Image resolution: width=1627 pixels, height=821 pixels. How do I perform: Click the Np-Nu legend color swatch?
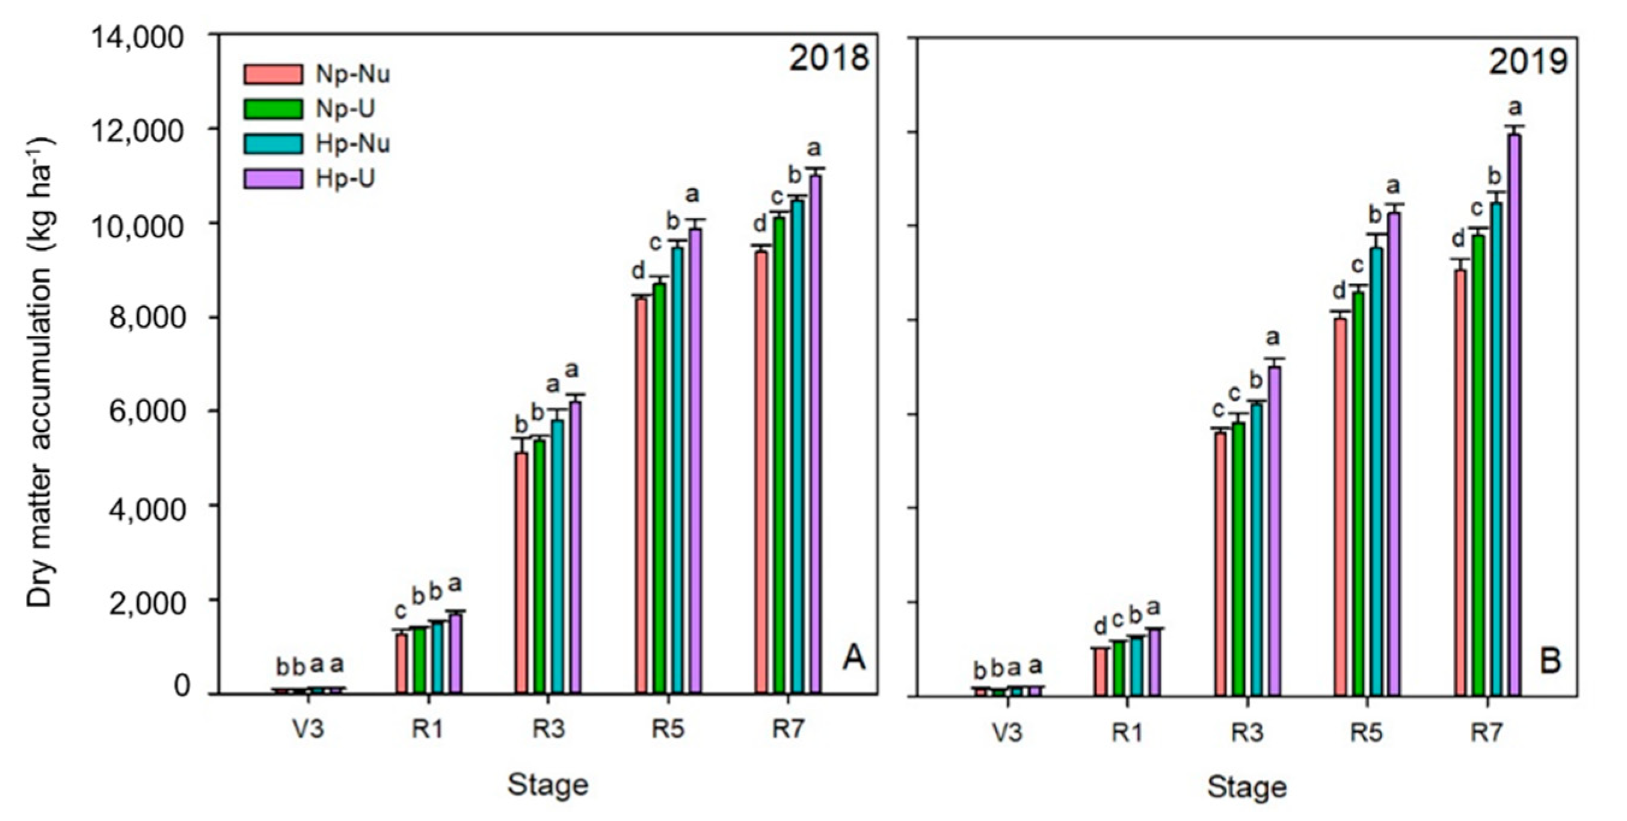(273, 75)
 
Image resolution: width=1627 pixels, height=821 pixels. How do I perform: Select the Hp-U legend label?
(345, 179)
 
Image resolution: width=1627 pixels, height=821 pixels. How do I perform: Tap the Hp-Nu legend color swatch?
(273, 144)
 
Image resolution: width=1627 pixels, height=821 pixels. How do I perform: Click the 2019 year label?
(1528, 62)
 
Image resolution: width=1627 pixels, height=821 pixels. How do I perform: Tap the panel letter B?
(1551, 661)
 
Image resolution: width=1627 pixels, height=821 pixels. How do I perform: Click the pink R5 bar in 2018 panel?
(641, 496)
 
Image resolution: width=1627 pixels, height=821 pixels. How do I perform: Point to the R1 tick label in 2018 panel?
(428, 730)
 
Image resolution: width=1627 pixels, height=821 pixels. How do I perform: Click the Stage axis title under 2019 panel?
(1247, 787)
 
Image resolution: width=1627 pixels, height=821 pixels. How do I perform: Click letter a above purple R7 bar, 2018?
(814, 149)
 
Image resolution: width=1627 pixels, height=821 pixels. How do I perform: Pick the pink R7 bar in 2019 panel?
(1460, 483)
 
